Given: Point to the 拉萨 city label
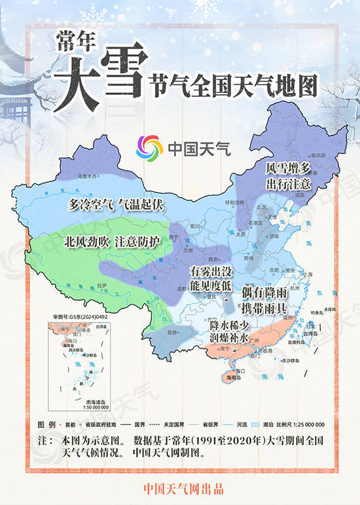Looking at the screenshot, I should click(x=99, y=286).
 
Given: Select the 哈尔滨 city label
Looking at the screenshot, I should click(x=318, y=155).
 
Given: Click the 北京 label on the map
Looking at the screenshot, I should click(x=261, y=208).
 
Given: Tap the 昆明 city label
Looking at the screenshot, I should click(x=171, y=332).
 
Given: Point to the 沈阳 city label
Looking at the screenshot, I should click(x=300, y=195).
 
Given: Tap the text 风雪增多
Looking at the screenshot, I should click(x=287, y=168).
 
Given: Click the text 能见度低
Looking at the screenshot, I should click(x=211, y=285).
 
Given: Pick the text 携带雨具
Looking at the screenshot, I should click(x=262, y=308).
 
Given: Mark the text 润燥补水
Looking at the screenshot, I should click(x=229, y=339).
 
